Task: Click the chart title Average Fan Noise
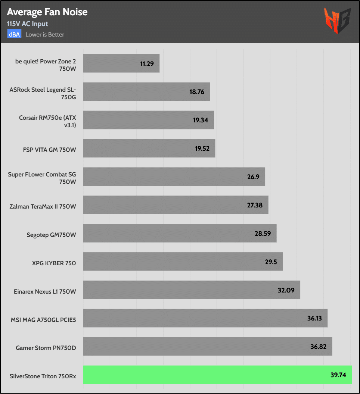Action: (47, 12)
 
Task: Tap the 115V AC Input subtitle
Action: (27, 24)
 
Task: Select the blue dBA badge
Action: (15, 34)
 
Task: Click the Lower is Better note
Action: (45, 34)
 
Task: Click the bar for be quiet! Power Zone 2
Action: (121, 63)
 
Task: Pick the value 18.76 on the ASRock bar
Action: (197, 92)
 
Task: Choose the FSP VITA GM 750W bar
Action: (149, 148)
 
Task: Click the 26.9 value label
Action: (253, 177)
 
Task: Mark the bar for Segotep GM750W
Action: (180, 233)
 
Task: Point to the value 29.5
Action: (271, 262)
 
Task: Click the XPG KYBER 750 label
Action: (54, 263)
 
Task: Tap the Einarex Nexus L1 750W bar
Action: (192, 290)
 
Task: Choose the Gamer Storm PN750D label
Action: (46, 348)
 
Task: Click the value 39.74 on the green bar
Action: (338, 375)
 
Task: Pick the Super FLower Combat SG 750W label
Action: (42, 178)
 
